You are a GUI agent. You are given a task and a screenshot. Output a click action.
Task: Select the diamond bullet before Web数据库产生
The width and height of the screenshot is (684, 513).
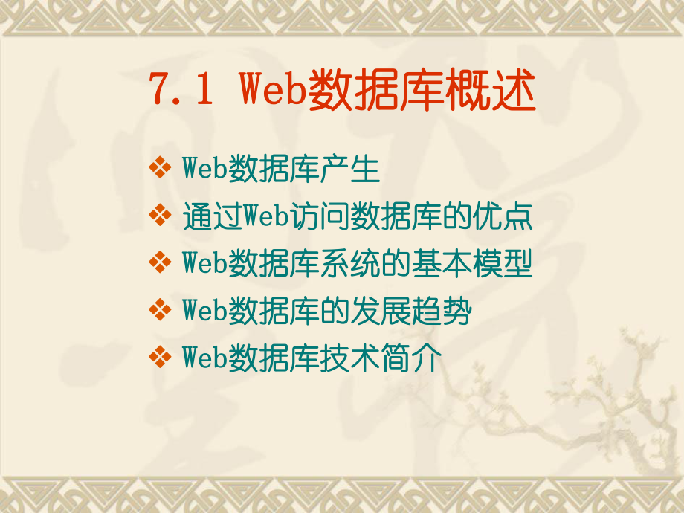159,169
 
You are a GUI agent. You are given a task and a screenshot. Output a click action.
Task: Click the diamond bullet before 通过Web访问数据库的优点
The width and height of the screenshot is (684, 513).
159,216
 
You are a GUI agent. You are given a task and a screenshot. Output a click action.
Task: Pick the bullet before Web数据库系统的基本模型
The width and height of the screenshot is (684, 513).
159,263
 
